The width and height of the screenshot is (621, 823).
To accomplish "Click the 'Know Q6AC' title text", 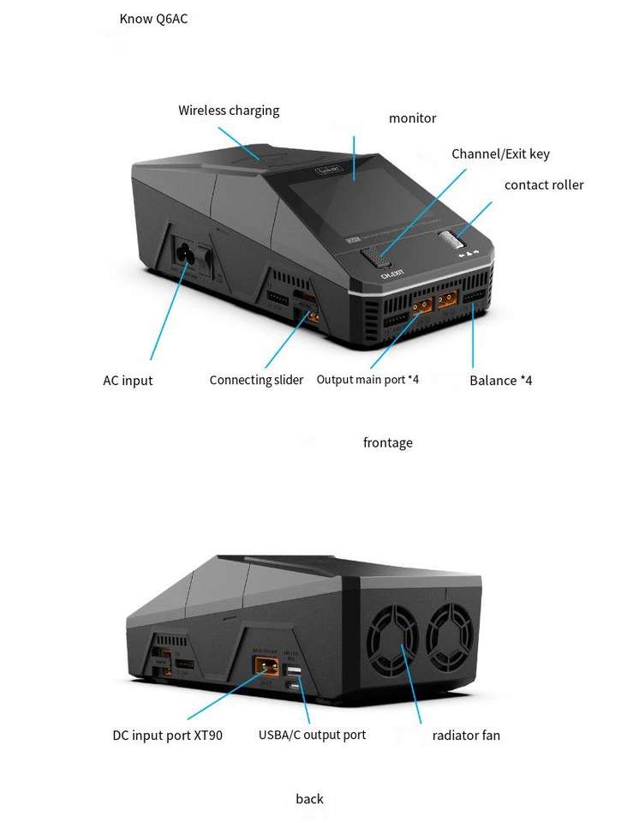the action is (153, 19).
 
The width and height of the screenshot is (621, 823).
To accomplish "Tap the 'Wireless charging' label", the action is (229, 111).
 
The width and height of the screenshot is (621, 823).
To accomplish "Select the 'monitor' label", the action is (412, 118).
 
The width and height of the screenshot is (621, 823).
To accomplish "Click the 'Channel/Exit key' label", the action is (500, 153).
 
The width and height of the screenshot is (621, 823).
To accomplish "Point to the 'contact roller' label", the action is (544, 185).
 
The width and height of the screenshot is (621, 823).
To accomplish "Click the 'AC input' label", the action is (128, 381).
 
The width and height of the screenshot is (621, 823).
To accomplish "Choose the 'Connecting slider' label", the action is (256, 380).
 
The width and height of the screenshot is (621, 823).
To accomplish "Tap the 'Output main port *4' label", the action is (367, 380).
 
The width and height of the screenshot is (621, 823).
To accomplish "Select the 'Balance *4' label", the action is (500, 381).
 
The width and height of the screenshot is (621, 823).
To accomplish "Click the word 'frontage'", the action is (388, 442).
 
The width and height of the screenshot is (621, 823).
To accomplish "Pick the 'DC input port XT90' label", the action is (167, 736).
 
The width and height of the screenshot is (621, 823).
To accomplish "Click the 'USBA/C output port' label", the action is (312, 735).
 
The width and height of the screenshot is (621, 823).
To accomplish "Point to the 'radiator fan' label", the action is (466, 736).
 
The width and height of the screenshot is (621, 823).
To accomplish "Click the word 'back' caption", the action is (309, 799).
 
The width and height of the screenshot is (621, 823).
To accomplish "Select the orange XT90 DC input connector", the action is (267, 666).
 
